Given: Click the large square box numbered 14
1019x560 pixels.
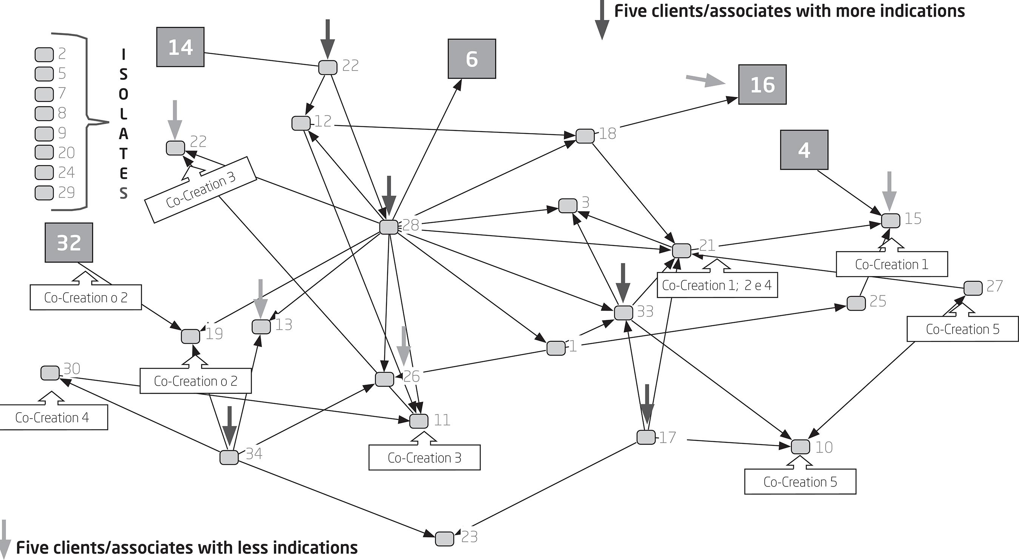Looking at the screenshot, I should [180, 47].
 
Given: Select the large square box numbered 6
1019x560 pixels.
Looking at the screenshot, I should [471, 59].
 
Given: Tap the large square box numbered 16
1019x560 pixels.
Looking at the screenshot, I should [762, 84].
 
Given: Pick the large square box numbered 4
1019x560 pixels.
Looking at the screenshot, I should [804, 150].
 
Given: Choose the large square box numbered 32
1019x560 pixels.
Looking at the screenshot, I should [69, 242].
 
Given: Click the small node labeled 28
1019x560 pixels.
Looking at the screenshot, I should [388, 227].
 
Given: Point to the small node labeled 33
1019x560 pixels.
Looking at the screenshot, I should [623, 313].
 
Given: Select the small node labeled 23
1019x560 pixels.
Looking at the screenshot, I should [444, 539].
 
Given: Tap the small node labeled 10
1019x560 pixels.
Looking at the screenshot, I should [800, 446].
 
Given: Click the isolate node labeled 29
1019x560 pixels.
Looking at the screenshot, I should [44, 193].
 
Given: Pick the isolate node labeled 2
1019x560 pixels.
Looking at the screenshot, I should [44, 55].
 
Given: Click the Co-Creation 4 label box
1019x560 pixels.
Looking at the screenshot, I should [52, 417].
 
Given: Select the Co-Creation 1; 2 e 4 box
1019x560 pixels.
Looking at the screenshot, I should [717, 285].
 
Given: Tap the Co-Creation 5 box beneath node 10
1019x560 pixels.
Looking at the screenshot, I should [800, 482].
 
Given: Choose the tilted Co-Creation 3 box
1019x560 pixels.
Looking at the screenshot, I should [201, 190].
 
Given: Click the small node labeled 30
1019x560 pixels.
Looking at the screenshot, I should [50, 373].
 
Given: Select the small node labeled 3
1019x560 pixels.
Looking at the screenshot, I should [568, 206].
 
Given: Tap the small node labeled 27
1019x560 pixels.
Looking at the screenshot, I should [973, 288].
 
